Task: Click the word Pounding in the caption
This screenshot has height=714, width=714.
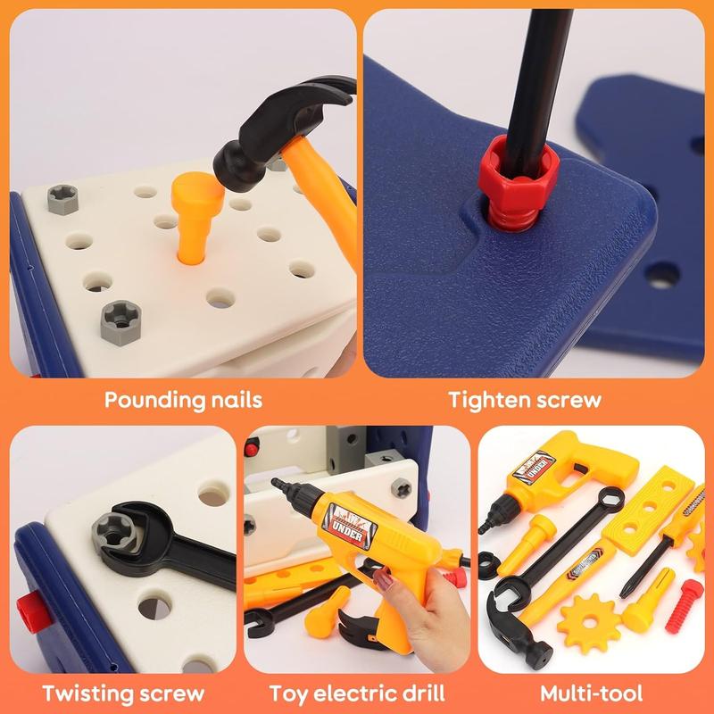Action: tap(147, 399)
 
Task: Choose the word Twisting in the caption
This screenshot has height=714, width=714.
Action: tap(82, 692)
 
